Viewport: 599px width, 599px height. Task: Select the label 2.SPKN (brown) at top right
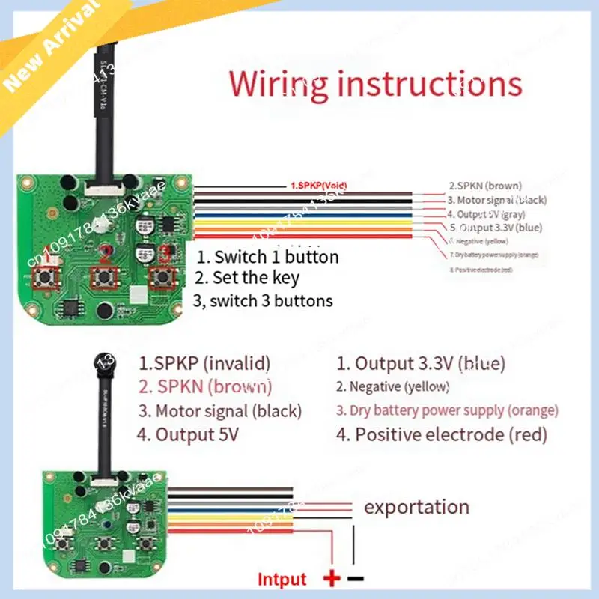(x=485, y=185)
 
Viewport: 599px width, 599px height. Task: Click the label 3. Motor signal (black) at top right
(x=497, y=200)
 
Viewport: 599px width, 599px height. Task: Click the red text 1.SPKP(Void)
(x=318, y=185)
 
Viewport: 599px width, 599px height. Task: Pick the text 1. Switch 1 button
(x=267, y=257)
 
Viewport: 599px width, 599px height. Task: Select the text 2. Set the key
(x=246, y=278)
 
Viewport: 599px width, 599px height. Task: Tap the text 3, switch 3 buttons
(x=262, y=300)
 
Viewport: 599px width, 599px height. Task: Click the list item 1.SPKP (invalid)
(x=204, y=364)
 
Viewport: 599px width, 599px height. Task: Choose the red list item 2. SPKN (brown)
(x=205, y=387)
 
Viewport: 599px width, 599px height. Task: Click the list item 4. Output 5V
(x=187, y=434)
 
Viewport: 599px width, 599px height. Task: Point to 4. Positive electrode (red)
(x=442, y=434)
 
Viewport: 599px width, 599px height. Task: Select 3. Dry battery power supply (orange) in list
(x=447, y=410)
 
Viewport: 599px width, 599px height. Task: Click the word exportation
(x=416, y=507)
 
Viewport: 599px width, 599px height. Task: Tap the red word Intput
(x=282, y=579)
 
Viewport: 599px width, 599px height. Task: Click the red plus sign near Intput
(x=330, y=578)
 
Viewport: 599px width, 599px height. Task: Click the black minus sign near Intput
(x=356, y=578)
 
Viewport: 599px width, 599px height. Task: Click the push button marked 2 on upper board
(x=101, y=278)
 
